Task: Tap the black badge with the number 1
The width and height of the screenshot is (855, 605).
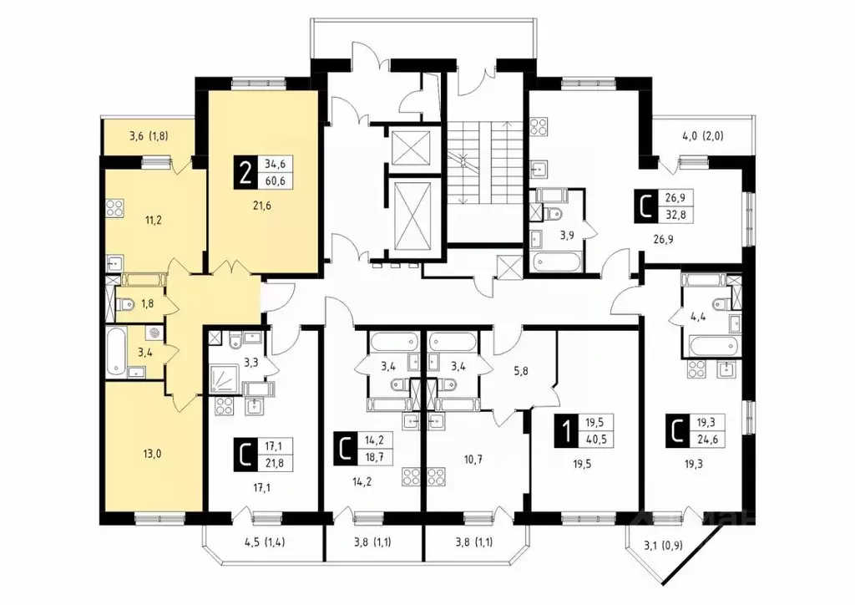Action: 566,431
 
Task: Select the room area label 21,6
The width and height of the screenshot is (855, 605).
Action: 261,206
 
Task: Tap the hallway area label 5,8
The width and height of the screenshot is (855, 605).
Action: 520,372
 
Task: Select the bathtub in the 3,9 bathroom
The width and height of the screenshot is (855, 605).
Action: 554,262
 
